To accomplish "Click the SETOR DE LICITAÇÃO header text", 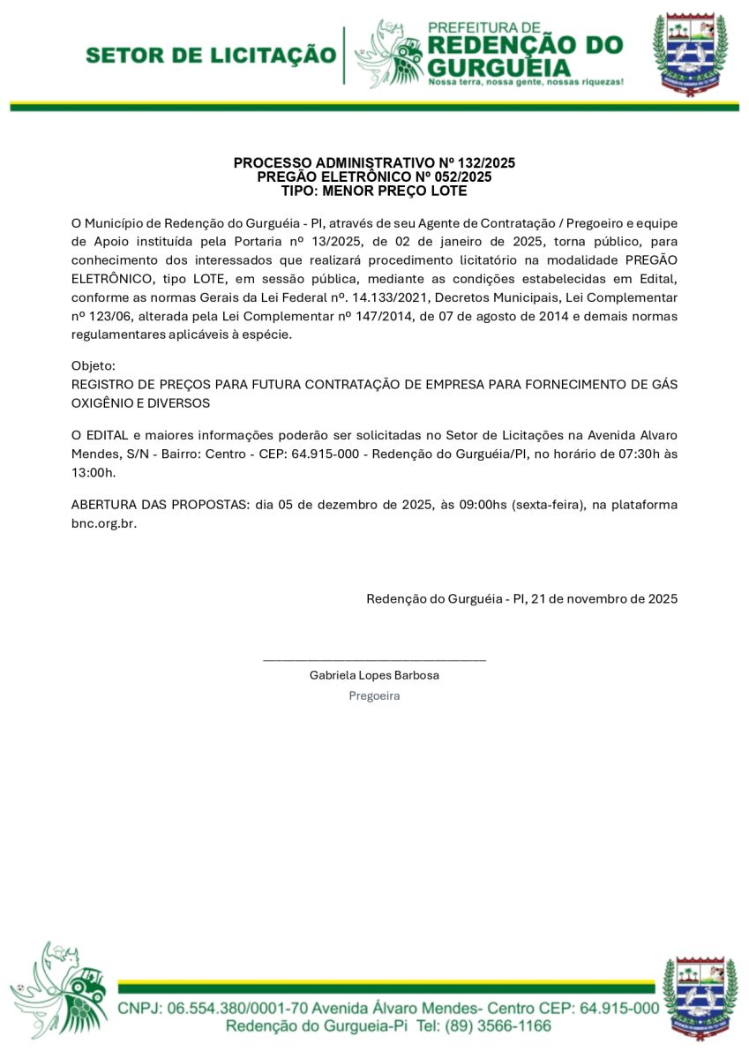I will click(x=211, y=56).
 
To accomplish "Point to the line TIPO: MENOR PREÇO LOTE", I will click(x=374, y=191).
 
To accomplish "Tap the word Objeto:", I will click(x=93, y=365).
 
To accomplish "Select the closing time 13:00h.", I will click(x=93, y=472).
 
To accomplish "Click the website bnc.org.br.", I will click(x=103, y=522).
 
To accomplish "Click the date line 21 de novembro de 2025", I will click(x=604, y=598).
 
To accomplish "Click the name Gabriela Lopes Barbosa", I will click(x=374, y=675).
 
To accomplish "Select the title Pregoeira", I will click(x=374, y=695).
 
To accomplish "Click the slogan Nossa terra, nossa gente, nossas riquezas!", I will click(x=526, y=81).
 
